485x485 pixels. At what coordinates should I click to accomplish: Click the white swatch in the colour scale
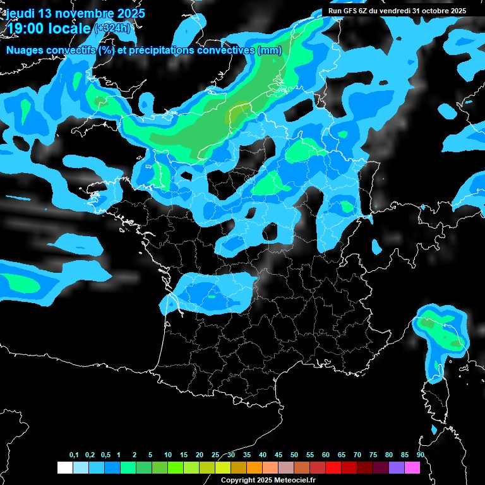64,467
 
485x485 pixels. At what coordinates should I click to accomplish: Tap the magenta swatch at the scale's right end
412,467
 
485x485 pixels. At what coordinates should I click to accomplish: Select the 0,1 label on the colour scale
74,455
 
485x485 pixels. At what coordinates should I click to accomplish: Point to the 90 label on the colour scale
420,455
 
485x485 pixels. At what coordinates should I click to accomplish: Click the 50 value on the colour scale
294,455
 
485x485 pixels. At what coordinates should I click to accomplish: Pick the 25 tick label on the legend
215,455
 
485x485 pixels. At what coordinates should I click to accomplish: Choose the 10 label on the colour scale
168,455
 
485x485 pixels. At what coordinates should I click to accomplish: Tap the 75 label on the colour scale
373,455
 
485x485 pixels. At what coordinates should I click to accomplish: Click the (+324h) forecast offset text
113,28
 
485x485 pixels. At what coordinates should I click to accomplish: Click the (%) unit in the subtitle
105,50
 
